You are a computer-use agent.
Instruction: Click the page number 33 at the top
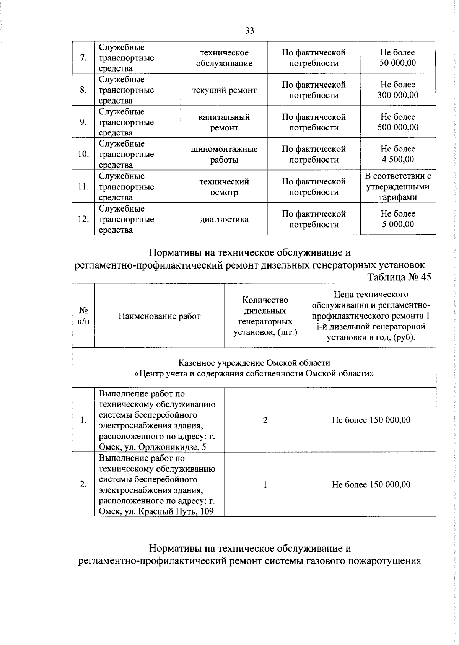249,31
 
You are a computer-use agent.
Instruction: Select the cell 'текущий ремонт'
224,90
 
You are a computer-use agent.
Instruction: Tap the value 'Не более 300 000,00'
398,90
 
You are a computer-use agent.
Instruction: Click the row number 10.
83,154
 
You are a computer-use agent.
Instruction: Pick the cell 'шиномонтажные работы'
224,155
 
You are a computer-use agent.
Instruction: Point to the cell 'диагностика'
224,219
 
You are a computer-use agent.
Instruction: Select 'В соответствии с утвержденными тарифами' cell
398,187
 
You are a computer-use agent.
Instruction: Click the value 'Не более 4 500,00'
398,154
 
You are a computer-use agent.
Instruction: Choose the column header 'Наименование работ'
160,316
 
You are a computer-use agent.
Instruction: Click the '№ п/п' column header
83,316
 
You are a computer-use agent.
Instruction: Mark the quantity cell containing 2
265,420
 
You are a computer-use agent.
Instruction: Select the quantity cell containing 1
265,484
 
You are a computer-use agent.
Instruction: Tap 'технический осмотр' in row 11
224,187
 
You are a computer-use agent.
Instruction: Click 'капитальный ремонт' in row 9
224,122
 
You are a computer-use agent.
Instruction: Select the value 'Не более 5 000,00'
398,219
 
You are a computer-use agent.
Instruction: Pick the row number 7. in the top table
83,58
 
